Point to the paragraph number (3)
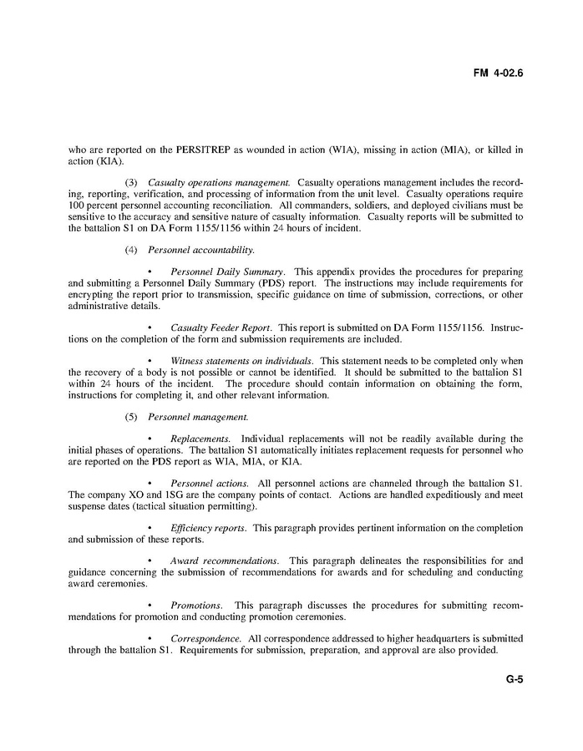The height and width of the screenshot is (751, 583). (131, 182)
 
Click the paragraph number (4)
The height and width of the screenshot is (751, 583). (131, 250)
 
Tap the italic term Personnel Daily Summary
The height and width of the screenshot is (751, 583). (228, 272)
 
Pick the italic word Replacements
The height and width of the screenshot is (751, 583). (200, 439)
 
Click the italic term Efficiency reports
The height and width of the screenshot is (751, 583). (208, 528)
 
